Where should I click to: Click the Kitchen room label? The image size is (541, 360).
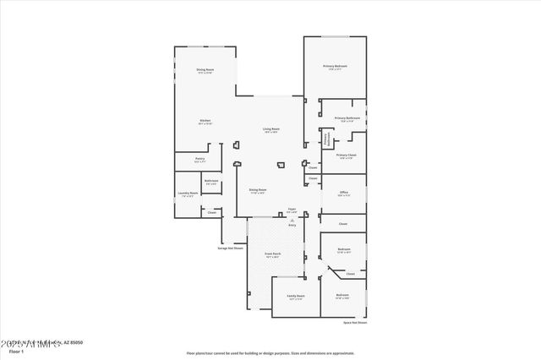point(205,121)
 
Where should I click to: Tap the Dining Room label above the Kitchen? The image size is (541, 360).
point(205,69)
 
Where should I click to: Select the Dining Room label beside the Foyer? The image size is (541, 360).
point(258,189)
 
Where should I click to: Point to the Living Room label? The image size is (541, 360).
point(271,128)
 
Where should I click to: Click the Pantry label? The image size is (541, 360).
point(200,158)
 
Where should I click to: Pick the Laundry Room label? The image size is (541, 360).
point(188,193)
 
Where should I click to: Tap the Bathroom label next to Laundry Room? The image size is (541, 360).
point(211,180)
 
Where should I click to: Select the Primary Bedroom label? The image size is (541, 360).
point(335,65)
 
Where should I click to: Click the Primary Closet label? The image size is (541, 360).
point(346,155)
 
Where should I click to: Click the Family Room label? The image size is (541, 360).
point(295,296)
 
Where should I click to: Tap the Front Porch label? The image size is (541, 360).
point(272,254)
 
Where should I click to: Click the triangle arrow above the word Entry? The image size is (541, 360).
point(292,220)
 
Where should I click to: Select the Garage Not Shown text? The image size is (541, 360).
point(231,248)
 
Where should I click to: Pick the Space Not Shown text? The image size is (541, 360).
point(355,323)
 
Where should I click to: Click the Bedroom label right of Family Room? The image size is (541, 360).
point(342,296)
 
